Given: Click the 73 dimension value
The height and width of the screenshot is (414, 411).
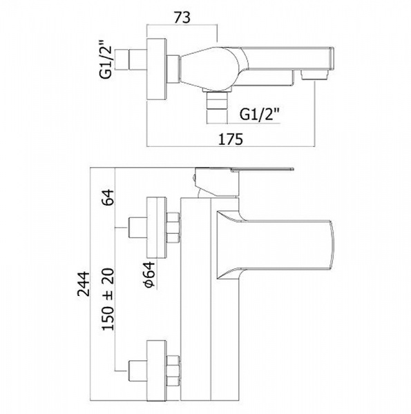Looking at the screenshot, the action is pos(182,18).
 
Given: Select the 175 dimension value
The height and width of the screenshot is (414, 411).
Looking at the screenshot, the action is pos(230,139).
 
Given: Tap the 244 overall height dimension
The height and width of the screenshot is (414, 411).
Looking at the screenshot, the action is pos(84,284).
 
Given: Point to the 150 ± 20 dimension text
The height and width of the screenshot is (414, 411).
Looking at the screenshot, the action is pos(108,299).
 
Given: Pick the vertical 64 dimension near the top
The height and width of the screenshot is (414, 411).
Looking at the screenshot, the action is pos(108,197).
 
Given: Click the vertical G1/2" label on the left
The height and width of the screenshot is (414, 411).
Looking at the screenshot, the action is pos(106,59).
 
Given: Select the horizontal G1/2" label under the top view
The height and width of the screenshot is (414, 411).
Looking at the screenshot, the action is pos(259,115).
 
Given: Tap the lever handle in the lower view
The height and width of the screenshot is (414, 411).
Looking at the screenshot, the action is pos(262,170).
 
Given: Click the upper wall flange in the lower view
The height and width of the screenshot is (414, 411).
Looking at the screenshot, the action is pos(157,228).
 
